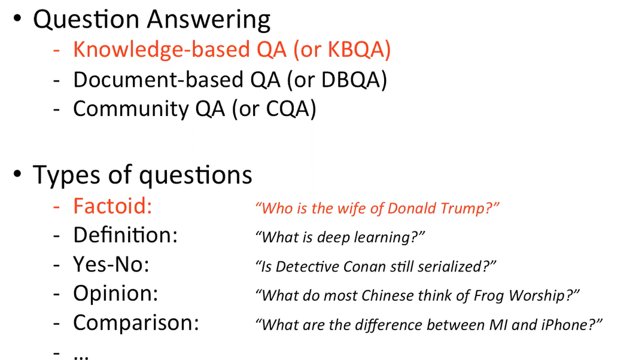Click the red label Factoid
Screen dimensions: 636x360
tap(112, 206)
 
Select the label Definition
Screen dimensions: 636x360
tap(125, 235)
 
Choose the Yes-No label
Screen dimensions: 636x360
tap(111, 264)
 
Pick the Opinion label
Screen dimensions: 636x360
tap(115, 294)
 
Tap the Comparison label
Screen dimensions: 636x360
tap(136, 323)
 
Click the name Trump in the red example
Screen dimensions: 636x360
tap(463, 208)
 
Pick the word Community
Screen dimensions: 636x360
tap(131, 109)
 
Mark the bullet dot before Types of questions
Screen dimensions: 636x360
tap(17, 175)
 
